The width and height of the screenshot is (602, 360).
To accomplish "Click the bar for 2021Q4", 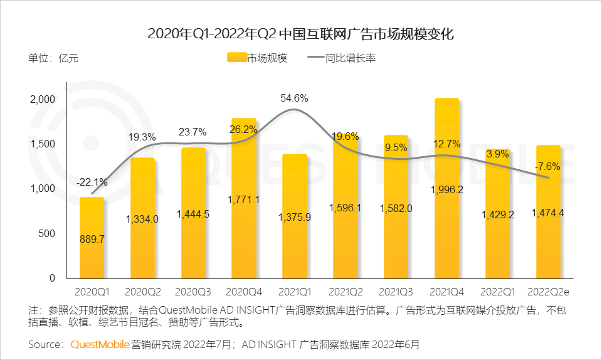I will (x=447, y=188).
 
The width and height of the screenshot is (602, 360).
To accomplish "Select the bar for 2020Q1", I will (x=92, y=238).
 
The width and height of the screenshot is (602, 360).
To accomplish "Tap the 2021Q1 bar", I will (x=295, y=216).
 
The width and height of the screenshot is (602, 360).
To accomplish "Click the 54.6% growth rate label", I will (x=295, y=98).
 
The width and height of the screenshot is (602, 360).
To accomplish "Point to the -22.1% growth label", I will (x=92, y=183).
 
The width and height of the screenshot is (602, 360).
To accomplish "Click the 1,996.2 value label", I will (x=447, y=189).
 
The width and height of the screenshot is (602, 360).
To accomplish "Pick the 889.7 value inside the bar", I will (x=92, y=239).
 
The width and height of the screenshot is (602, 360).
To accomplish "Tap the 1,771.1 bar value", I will (x=244, y=200).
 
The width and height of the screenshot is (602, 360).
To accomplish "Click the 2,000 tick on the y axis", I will (x=43, y=100).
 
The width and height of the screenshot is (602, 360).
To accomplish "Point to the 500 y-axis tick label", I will (x=48, y=233).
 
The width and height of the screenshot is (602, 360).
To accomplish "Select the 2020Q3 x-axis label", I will (x=193, y=292).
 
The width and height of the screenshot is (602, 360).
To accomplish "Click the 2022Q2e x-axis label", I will (x=549, y=292).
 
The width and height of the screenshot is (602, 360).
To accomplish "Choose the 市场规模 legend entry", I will (x=257, y=58).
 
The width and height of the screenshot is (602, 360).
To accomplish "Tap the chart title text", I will (x=300, y=33).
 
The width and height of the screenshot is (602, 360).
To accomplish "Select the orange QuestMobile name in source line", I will (x=100, y=344).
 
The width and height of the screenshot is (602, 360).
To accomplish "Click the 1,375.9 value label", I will (x=295, y=216).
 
